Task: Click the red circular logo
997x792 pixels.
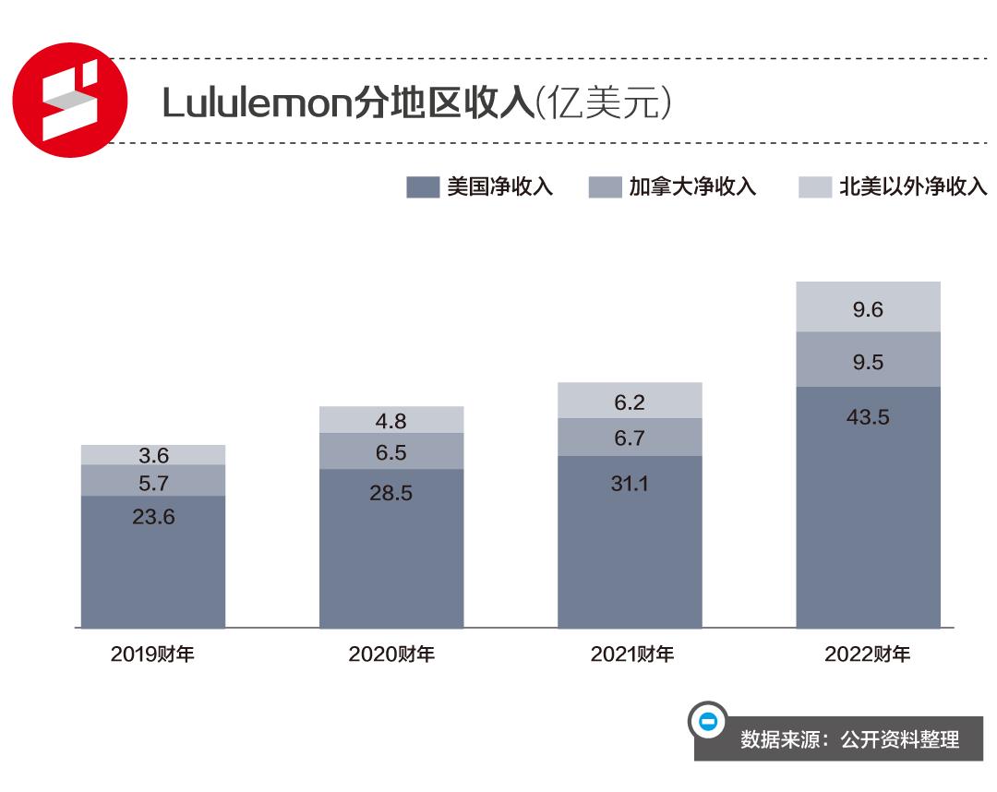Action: pos(72,99)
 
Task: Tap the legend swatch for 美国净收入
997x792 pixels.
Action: pos(422,187)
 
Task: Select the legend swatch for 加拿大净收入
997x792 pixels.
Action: pos(605,187)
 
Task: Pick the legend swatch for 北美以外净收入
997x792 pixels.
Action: pos(814,187)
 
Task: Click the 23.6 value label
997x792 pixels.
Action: pos(153,517)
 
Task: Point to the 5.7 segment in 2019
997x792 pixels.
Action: pos(153,481)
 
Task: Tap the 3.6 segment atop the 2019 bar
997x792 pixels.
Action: pos(153,455)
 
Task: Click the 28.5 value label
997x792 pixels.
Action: pos(391,493)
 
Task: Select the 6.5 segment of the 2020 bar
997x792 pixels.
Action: pos(391,452)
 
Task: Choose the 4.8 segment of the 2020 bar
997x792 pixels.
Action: pos(391,421)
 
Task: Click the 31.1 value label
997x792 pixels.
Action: pos(630,482)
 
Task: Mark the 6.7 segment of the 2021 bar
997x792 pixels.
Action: pos(630,438)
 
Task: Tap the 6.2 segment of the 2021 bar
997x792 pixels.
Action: pos(630,402)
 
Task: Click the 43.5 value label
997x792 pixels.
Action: pos(868,417)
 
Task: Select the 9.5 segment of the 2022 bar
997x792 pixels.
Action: pos(868,361)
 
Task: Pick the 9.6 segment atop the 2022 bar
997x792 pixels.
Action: pos(868,309)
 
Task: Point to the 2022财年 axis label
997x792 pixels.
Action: pos(867,654)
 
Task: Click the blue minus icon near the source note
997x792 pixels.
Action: pos(708,721)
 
